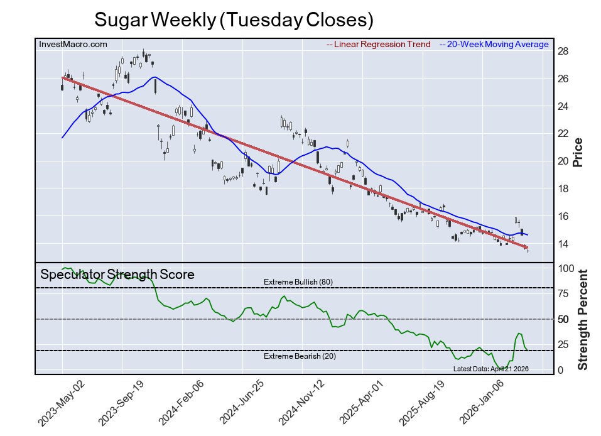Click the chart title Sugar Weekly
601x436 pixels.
tap(234, 19)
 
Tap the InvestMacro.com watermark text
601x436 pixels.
tap(73, 44)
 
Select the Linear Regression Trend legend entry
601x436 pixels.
tap(379, 45)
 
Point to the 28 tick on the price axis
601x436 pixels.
tap(563, 51)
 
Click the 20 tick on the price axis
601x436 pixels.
tap(563, 161)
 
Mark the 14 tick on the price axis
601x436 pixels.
tap(563, 244)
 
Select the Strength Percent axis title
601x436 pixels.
tap(583, 319)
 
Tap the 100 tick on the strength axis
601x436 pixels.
tap(566, 268)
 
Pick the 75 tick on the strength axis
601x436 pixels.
tap(563, 294)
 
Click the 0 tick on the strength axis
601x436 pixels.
tap(561, 370)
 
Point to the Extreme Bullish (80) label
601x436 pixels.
tap(298, 282)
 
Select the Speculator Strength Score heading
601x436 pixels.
tap(117, 275)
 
